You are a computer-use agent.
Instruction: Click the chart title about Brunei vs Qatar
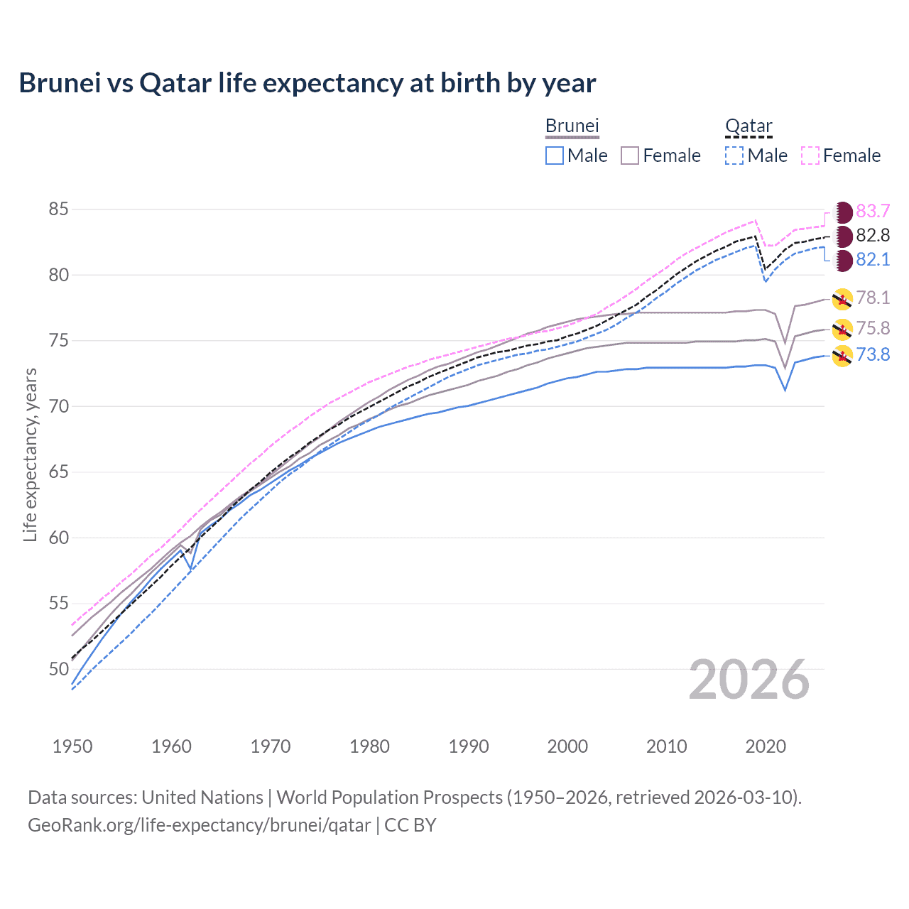click(307, 83)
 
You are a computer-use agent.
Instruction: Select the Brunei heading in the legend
click(572, 126)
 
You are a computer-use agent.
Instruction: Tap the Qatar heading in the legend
click(748, 126)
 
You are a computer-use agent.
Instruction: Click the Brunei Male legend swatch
click(555, 156)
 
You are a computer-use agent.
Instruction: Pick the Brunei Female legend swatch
click(630, 156)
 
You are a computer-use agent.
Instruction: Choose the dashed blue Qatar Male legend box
click(734, 156)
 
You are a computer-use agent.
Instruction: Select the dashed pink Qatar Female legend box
click(810, 156)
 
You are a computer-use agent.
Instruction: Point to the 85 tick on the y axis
click(59, 209)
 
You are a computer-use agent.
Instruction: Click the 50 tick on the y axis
click(59, 669)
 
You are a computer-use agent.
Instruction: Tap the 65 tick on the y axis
click(59, 472)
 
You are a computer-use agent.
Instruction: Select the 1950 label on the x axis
click(73, 746)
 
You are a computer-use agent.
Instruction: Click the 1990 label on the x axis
click(469, 746)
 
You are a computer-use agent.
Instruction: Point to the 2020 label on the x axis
click(766, 746)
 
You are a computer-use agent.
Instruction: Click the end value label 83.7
click(873, 211)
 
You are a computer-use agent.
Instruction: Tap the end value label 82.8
click(873, 235)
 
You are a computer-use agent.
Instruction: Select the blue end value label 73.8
click(873, 354)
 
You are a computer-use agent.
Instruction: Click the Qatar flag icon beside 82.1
click(842, 260)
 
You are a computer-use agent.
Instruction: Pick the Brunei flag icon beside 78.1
click(842, 299)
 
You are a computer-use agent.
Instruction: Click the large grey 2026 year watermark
click(749, 680)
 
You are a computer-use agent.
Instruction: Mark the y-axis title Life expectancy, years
click(31, 454)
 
